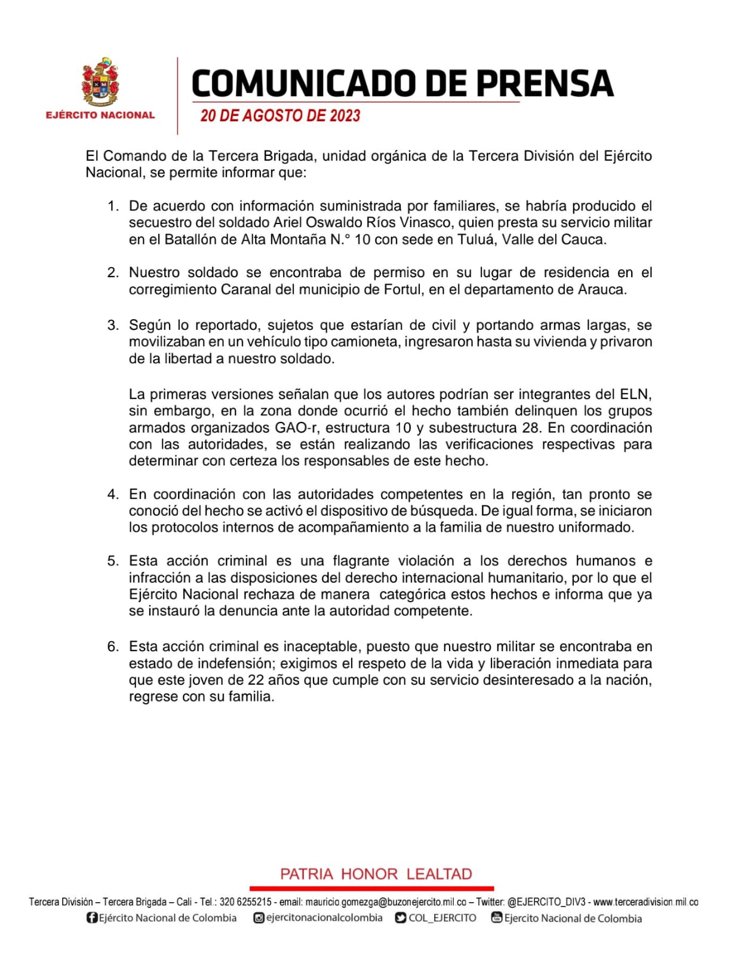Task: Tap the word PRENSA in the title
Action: pos(545,83)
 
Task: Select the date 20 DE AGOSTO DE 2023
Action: pos(280,115)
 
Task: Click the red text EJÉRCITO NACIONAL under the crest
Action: pos(100,115)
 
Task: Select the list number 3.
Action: pos(112,325)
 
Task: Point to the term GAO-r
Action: pos(296,428)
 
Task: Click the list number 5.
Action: pos(112,561)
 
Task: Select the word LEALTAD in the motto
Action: pos(439,874)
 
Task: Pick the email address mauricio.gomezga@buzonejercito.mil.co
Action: pos(386,902)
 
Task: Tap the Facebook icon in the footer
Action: pos(92,918)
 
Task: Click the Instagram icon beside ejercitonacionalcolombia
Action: pos(259,918)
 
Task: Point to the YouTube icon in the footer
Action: pos(496,917)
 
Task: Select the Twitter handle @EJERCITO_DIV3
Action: pos(546,902)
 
